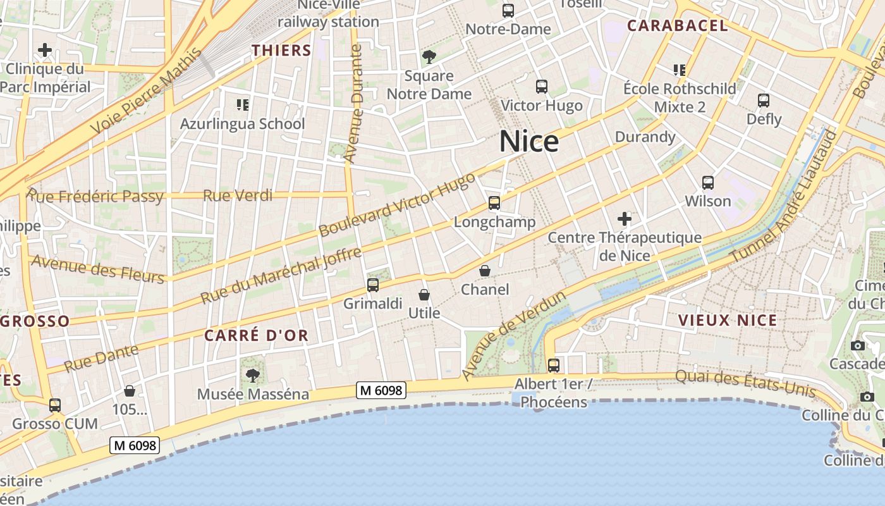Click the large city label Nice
point(529,142)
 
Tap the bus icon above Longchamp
point(494,203)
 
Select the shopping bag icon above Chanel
point(485,271)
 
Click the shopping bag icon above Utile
point(424,295)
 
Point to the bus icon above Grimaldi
point(373,285)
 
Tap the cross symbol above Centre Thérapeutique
point(625,219)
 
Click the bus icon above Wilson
point(708,183)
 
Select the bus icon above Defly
point(764,101)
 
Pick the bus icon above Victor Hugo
point(542,87)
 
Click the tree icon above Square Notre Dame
point(429,57)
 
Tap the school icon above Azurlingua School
point(243,104)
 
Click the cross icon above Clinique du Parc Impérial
point(44,50)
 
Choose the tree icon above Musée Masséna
point(253,376)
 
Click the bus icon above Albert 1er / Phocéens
point(554,365)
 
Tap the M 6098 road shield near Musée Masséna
point(381,390)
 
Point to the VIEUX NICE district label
point(728,320)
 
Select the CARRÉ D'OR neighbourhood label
point(257,335)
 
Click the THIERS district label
point(281,51)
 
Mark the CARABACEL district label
point(678,26)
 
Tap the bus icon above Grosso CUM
point(55,405)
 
